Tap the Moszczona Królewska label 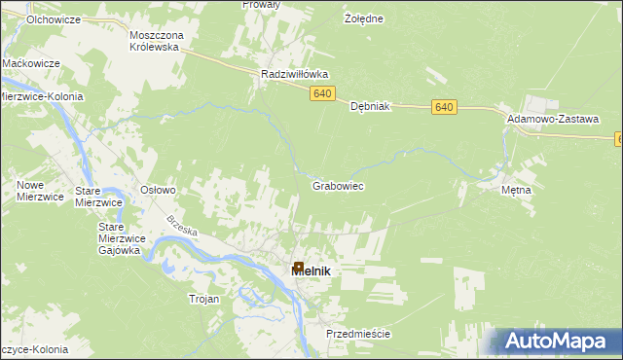[156, 41]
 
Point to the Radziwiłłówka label [295, 74]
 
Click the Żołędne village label [364, 19]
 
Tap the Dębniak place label [370, 107]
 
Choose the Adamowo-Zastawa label [552, 119]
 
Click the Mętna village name [516, 191]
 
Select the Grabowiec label [338, 185]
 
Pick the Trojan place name [204, 300]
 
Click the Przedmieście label [358, 334]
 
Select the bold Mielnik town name [311, 271]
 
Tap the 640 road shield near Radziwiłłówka [324, 94]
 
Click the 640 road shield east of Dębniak [445, 107]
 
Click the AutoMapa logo [556, 341]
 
